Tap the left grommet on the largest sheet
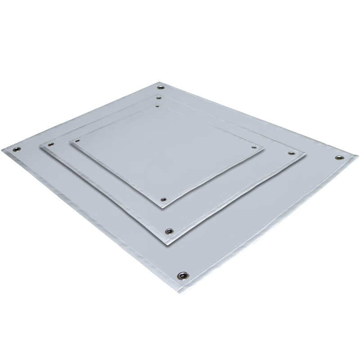[17, 150]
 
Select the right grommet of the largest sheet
[338, 157]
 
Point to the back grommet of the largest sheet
[161, 86]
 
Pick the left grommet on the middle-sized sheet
[50, 145]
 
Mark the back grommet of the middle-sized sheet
[158, 97]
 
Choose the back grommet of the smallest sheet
[157, 106]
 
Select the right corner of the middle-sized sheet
[306, 154]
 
